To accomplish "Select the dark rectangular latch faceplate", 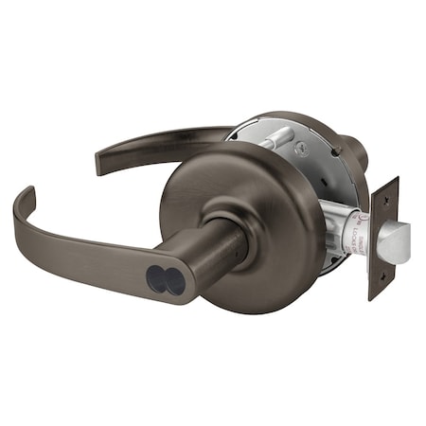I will [x=382, y=237].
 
